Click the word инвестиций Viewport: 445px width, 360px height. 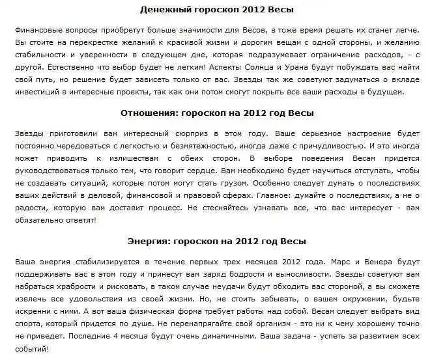coord(31,92)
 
